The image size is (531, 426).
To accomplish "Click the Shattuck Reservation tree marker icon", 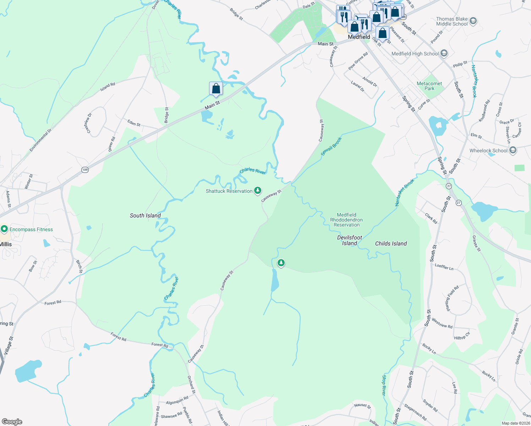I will pos(258,191).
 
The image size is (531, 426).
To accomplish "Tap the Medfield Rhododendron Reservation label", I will pos(346,220).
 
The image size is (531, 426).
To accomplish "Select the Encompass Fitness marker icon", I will pos(4,229).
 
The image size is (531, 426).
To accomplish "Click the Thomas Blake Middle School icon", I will pos(473,21).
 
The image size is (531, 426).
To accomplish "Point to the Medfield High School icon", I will pos(444,54).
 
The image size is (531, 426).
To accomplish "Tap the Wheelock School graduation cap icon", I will pos(513,151).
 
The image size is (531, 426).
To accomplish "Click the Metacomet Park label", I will pos(429,86).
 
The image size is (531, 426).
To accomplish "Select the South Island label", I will pos(145,215).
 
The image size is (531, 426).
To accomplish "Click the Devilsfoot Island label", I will pos(350,240).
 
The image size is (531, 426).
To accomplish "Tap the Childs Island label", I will pos(391,244).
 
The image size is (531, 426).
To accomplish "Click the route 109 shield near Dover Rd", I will pos(85,170).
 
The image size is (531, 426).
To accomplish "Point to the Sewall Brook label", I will pos(331,146).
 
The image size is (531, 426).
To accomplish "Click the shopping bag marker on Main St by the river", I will pos(216,88).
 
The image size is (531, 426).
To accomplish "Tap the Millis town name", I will pos(6,244).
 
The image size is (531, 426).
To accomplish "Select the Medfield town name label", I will pos(359,37).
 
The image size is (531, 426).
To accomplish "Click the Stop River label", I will pos(384,385).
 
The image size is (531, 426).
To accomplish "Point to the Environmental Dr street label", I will pos(40,140).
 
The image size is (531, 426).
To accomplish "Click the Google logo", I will pos(12,421).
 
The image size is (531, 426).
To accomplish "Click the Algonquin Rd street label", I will pos(177,400).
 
